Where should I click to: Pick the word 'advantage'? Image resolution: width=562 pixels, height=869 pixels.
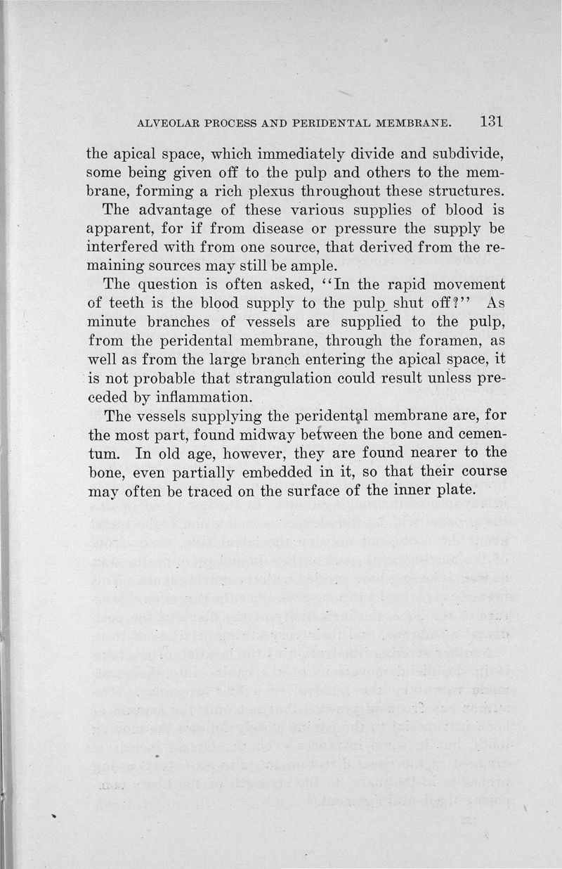pos(167,210)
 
